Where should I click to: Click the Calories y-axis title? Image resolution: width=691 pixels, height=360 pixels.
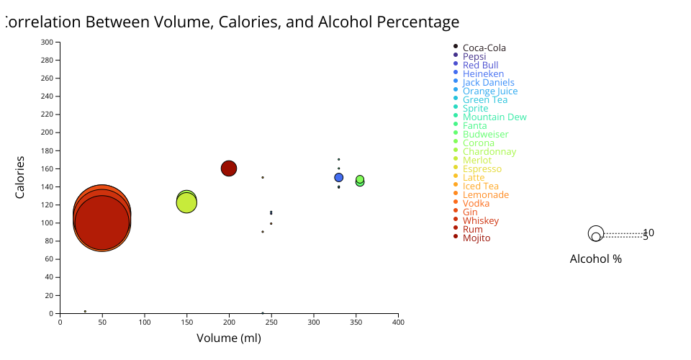point(20,177)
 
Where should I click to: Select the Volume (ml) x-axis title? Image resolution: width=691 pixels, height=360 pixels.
point(229,338)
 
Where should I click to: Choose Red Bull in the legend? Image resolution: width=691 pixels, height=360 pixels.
point(480,66)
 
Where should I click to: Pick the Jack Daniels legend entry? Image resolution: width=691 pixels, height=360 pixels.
point(488,83)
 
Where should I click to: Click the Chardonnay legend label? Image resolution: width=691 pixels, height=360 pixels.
point(489,152)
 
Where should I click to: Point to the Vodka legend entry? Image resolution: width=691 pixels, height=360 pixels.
point(476,204)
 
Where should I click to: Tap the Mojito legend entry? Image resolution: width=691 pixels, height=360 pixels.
point(477,238)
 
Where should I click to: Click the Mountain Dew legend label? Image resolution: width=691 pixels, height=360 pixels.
point(494,117)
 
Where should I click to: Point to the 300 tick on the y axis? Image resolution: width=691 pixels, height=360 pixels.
point(47,42)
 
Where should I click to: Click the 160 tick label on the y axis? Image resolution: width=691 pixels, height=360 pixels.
point(47,168)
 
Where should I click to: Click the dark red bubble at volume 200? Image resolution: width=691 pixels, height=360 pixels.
point(229,168)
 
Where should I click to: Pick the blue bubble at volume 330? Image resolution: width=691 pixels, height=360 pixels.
point(339,178)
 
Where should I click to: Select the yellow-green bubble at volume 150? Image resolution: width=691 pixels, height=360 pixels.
point(186,203)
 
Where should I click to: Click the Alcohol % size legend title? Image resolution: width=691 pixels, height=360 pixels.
point(595,259)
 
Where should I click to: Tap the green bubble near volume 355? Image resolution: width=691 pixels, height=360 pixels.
point(360,180)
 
